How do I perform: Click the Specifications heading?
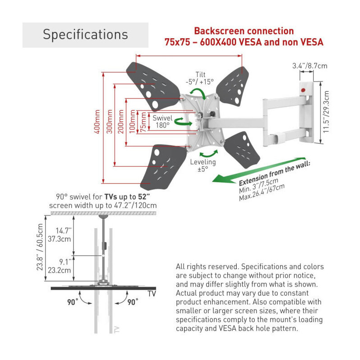click(85, 35)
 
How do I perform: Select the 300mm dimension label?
click(109, 121)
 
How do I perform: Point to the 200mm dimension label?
click(120, 122)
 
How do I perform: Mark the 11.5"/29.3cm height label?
click(327, 112)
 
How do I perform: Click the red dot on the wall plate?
click(302, 90)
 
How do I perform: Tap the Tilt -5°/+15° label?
click(200, 78)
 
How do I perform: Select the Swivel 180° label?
click(162, 121)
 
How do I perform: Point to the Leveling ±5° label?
click(203, 165)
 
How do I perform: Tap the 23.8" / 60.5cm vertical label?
click(41, 253)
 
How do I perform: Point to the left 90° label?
click(73, 302)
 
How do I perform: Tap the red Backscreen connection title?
click(244, 31)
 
